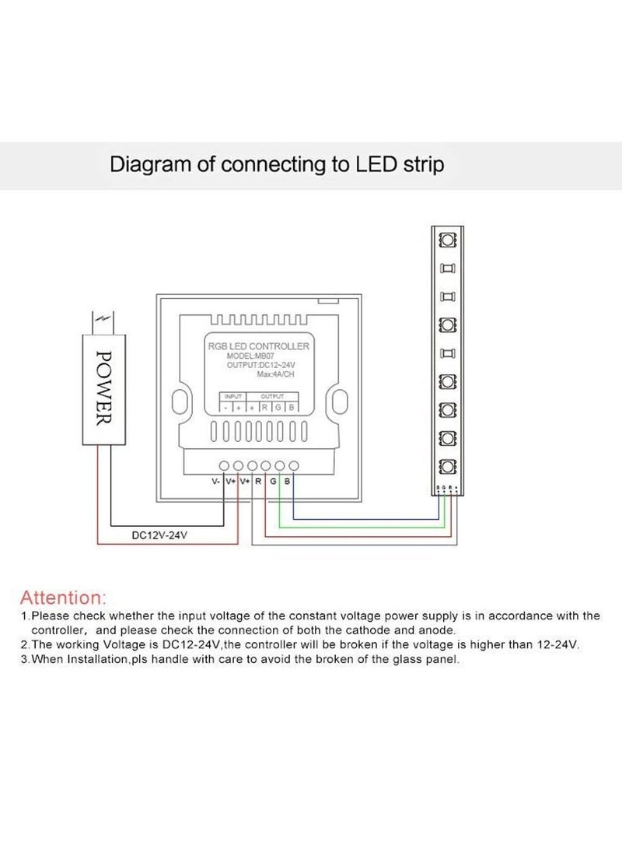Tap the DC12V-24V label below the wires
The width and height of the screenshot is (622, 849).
point(159,535)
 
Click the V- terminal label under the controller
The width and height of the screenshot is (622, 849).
point(216,482)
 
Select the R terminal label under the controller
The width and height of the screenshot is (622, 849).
point(258,482)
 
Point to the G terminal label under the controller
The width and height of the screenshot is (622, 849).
point(273,482)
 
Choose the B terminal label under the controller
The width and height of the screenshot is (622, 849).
point(287,482)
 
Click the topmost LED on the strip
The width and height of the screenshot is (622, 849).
point(447,239)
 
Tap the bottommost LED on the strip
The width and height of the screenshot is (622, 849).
point(447,467)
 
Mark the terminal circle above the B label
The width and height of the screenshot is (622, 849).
point(293,465)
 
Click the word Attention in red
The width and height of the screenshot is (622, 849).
point(61,598)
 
